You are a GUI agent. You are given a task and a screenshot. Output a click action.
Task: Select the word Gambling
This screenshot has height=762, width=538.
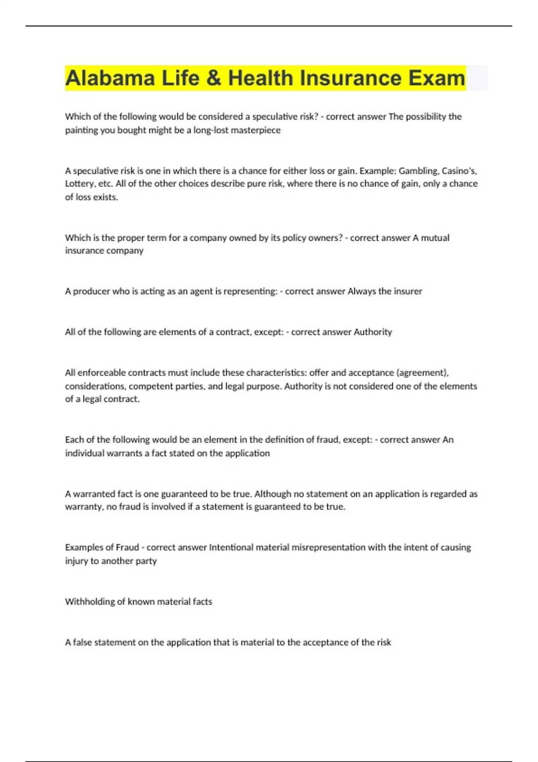pos(418,171)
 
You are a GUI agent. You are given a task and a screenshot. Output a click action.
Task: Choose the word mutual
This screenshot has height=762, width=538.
pos(435,238)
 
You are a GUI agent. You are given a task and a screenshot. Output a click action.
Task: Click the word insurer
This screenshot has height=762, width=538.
pos(408,291)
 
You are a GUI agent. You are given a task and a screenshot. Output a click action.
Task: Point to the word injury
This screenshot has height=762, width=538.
pos(76,561)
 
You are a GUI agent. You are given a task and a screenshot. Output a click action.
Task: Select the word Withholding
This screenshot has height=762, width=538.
pos(90,602)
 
